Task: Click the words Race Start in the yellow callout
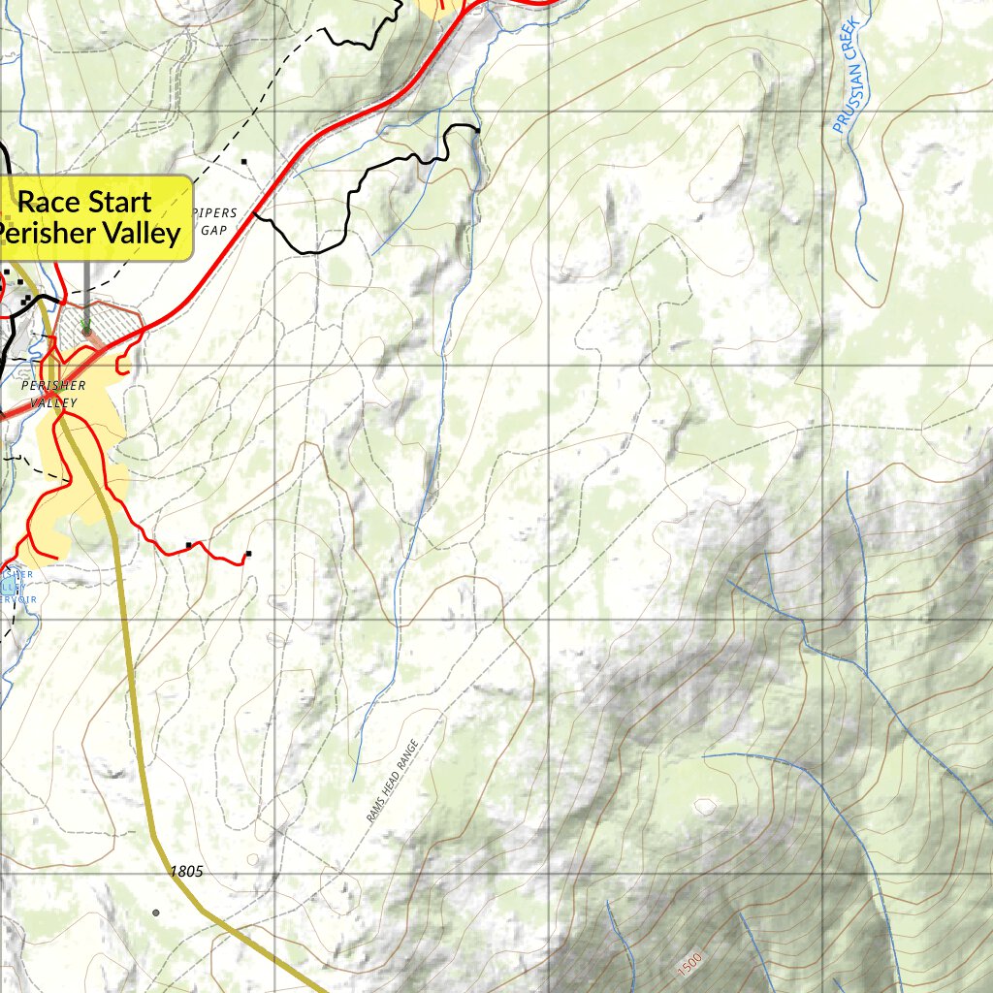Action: tap(85, 202)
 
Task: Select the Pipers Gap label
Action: tap(215, 221)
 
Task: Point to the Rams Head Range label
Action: tap(393, 782)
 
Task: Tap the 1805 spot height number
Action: tap(186, 872)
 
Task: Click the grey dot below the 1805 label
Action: tap(155, 913)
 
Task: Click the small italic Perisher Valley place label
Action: tap(53, 394)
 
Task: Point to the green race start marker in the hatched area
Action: tap(85, 330)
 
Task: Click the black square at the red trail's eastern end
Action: tap(248, 554)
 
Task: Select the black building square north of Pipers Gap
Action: tap(244, 162)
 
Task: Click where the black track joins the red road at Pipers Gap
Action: tap(254, 214)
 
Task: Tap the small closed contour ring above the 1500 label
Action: tap(705, 806)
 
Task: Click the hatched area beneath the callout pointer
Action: tap(97, 335)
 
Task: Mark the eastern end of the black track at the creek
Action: tap(478, 129)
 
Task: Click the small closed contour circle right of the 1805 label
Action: tap(253, 860)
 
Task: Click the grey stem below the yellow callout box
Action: tap(85, 291)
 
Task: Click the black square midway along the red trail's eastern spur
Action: tap(189, 545)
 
